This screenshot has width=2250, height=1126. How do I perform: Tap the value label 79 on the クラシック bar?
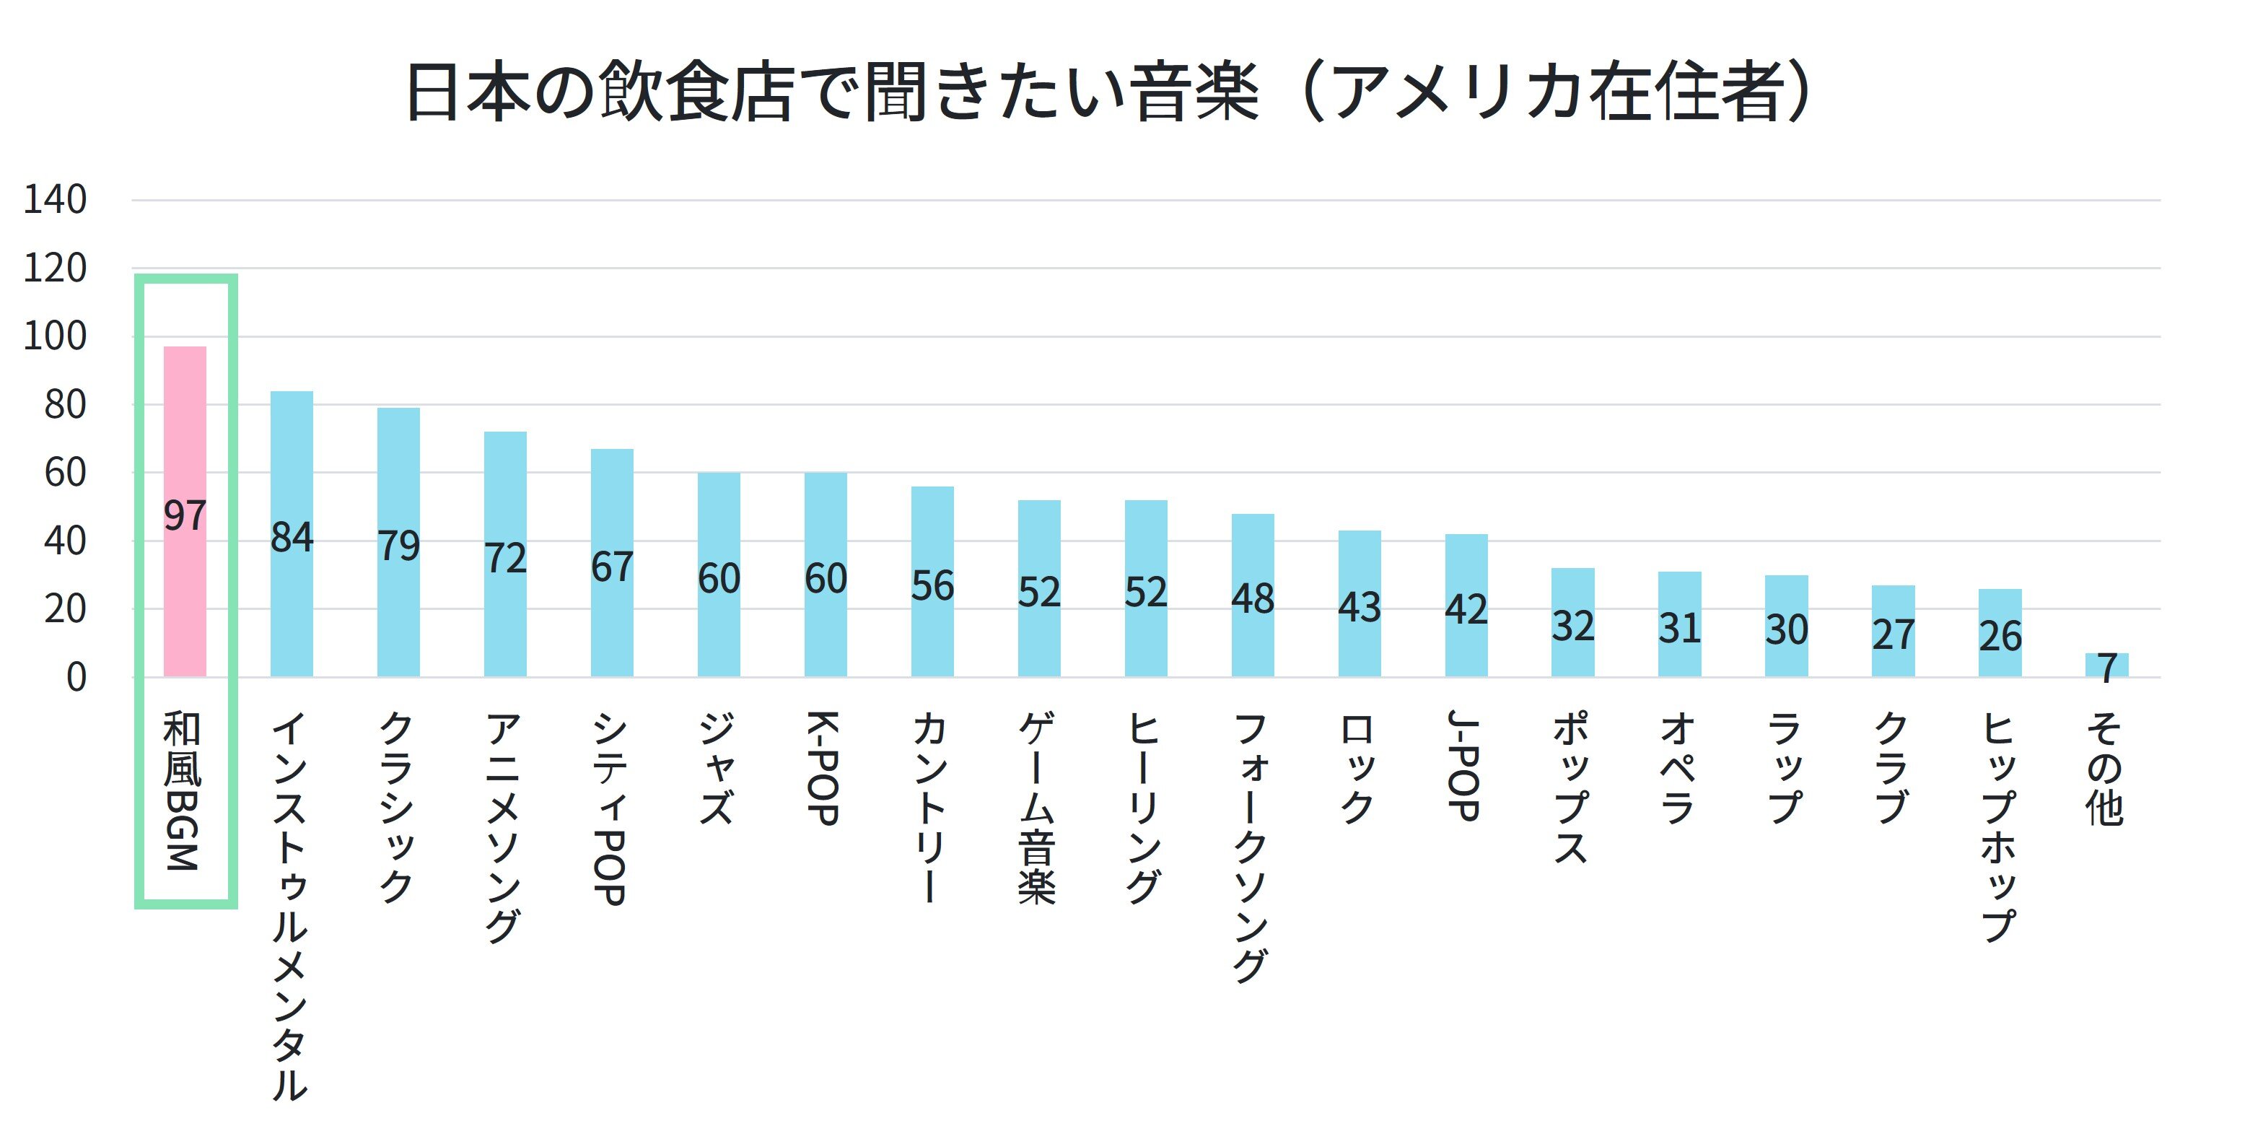pyautogui.click(x=398, y=546)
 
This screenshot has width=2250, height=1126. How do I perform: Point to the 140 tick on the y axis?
pyautogui.click(x=55, y=200)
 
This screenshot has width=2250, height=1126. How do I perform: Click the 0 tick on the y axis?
pyautogui.click(x=77, y=678)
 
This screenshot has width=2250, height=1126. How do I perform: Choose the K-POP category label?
pyautogui.click(x=823, y=768)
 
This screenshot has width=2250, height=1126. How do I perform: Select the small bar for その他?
pyautogui.click(x=2106, y=665)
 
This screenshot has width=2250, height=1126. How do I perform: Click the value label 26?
pyautogui.click(x=2000, y=637)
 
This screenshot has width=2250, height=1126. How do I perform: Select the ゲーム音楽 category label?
pyautogui.click(x=1038, y=808)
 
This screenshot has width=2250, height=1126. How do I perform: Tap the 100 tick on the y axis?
pyautogui.click(x=55, y=336)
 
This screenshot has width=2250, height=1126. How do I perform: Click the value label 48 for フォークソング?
pyautogui.click(x=1253, y=599)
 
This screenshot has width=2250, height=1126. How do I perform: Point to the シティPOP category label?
pyautogui.click(x=610, y=808)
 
